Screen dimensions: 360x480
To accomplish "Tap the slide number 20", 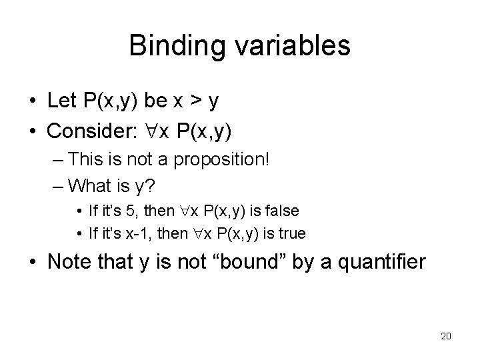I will click(446, 335).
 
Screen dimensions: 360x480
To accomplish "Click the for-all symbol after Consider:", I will click(144, 131).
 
